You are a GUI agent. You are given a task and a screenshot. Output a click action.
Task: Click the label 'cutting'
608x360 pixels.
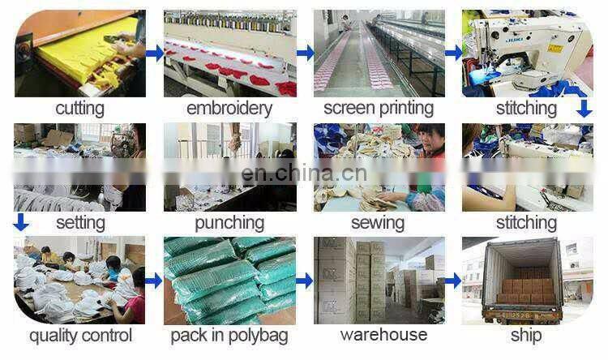[x=79, y=109]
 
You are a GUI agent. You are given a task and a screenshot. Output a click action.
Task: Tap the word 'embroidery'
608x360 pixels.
[x=229, y=109]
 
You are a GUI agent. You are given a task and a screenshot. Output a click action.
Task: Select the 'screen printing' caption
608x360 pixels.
[x=378, y=109]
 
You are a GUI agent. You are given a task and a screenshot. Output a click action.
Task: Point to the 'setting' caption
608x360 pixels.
[x=79, y=223]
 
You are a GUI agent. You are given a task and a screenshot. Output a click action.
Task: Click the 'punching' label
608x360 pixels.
[x=229, y=223]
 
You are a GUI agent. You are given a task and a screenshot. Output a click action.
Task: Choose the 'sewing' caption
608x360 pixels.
[x=378, y=223]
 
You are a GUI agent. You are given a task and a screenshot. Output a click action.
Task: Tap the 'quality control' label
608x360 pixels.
[x=79, y=335]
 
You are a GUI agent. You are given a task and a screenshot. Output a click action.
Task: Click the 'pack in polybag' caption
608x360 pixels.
[x=229, y=335]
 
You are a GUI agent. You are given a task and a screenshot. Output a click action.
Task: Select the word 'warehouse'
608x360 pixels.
[x=378, y=335]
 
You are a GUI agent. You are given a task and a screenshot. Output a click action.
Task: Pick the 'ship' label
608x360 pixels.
[x=526, y=335]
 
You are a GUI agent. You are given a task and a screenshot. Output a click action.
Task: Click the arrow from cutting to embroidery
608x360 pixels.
[x=154, y=53]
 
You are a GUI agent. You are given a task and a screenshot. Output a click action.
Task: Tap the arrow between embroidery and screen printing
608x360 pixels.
[x=305, y=53]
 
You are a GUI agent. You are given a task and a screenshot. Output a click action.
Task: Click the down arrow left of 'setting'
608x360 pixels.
[x=22, y=221]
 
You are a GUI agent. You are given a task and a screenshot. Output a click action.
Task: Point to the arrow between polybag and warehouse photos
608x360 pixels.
[x=305, y=281]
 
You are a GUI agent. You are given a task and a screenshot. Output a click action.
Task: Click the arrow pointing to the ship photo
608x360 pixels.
[x=453, y=281]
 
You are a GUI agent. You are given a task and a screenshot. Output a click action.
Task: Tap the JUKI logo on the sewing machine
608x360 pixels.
[x=492, y=35]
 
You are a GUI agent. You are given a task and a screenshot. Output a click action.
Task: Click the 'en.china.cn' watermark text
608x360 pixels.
[x=304, y=173]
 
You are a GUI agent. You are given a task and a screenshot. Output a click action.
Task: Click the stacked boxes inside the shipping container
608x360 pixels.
[x=526, y=288]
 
